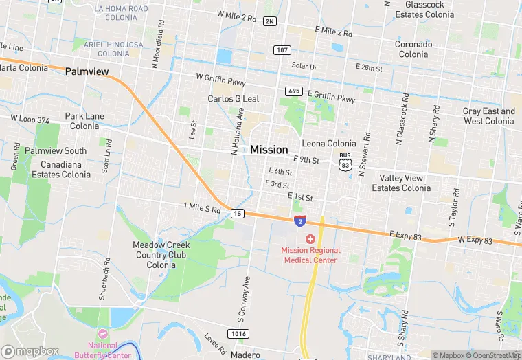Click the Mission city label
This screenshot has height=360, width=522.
tap(269, 150)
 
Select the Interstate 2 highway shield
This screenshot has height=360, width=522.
tap(300, 221)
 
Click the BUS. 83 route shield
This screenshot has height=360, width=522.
tap(345, 161)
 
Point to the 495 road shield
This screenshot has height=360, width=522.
tap(294, 91)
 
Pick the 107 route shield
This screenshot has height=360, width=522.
tap(281, 50)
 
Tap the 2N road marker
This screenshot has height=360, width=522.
tap(269, 21)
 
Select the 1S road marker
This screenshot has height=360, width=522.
tap(238, 214)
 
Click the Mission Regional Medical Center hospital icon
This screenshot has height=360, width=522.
tap(310, 239)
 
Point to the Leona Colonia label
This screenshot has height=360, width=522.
tap(329, 144)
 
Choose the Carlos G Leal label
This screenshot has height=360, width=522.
tap(234, 99)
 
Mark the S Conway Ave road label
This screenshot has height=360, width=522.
tap(242, 300)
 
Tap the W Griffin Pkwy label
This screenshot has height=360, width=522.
tap(220, 80)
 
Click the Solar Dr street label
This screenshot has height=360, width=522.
tap(304, 67)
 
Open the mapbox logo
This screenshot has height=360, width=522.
tap(30, 351)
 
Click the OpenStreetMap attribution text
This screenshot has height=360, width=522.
tap(492, 355)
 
